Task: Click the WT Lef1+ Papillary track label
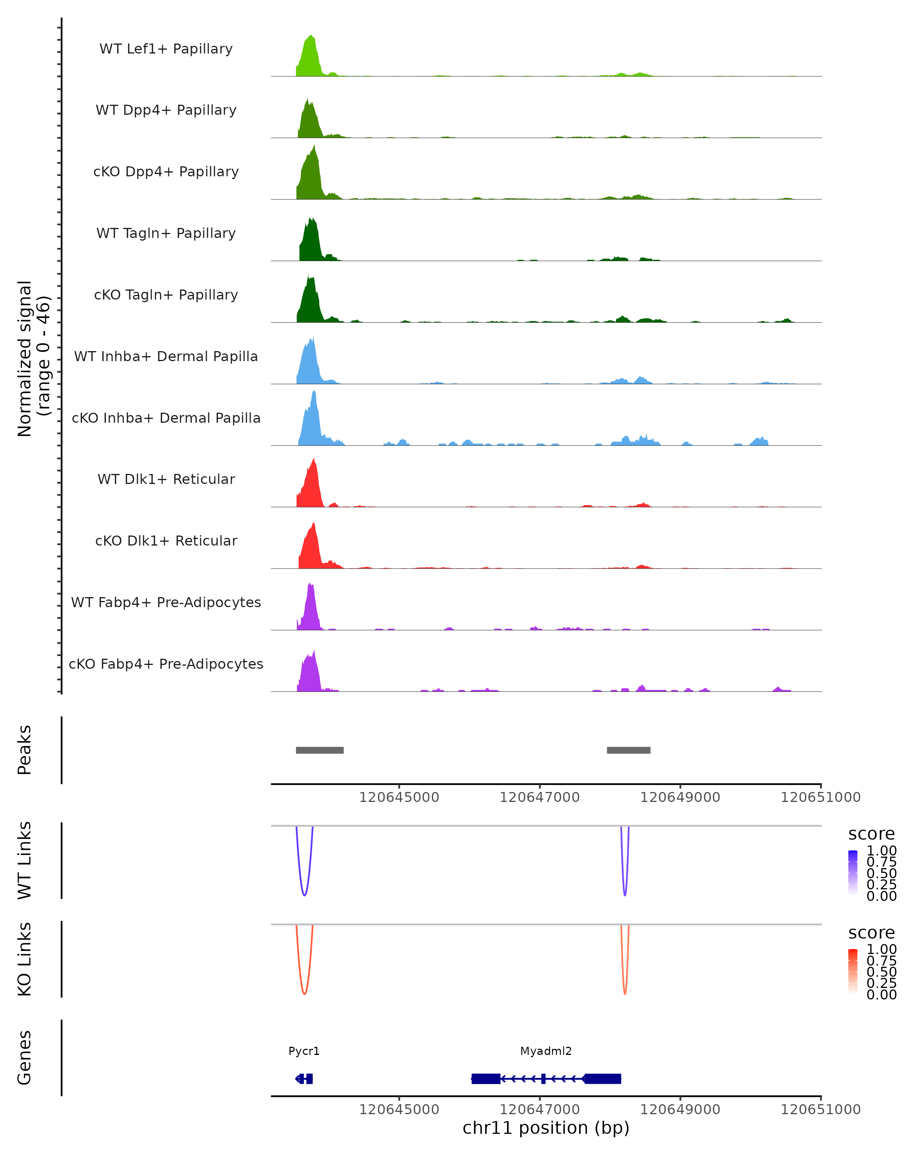point(166,49)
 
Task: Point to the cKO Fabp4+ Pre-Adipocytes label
point(166,664)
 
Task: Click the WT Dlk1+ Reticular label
point(166,479)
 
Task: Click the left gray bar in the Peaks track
point(320,750)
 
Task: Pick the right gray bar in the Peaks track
point(628,750)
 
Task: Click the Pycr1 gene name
point(304,1051)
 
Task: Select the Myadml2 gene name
point(546,1051)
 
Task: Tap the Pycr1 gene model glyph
point(304,1078)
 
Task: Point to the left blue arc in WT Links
point(304,894)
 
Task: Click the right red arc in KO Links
point(624,992)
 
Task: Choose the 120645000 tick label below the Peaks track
point(399,797)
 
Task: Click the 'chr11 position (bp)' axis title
point(546,1128)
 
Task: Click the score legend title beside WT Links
point(871,834)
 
